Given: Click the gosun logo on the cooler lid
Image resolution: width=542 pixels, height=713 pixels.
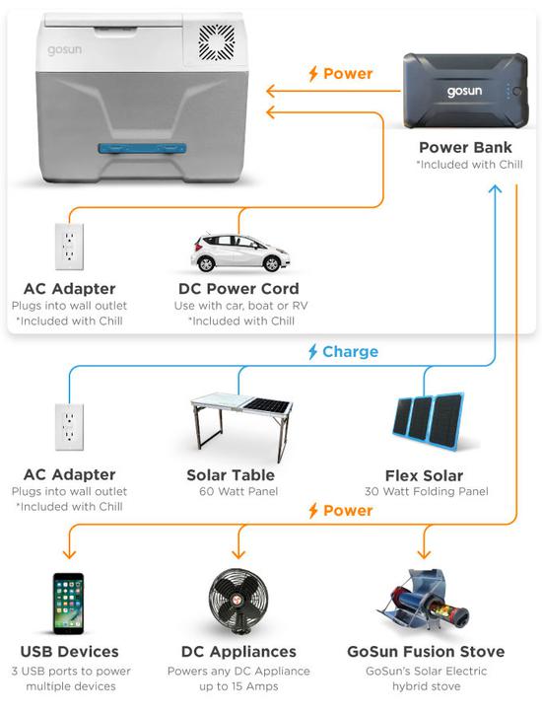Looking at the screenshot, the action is tap(64, 49).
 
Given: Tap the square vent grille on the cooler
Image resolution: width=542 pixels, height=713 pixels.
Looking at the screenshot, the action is tap(217, 42).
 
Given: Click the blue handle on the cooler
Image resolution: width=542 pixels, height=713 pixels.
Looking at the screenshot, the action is tap(142, 149).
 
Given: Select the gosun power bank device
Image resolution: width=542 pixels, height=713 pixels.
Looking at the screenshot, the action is tap(466, 91).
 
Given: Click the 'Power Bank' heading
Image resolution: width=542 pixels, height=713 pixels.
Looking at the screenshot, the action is tap(466, 147).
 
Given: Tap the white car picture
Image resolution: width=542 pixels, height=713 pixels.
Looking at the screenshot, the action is tap(239, 252).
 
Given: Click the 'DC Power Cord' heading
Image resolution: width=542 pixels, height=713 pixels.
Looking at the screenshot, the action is tap(238, 289).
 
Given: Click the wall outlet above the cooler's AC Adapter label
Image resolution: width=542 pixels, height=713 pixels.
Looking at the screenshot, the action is tap(69, 247).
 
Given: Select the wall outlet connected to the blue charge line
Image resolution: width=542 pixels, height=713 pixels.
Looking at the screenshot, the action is tap(69, 427).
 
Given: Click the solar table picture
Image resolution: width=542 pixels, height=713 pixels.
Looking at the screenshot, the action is tap(241, 425).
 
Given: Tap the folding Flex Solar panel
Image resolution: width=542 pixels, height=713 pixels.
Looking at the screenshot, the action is tap(429, 417).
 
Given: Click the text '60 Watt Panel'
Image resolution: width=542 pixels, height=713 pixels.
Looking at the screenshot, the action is tap(238, 491).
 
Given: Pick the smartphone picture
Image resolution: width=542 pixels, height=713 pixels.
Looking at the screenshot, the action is tap(69, 604).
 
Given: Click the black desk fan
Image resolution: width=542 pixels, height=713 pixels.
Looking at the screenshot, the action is tap(238, 601).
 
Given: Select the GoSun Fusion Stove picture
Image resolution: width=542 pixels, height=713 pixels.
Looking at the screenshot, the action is tap(424, 600).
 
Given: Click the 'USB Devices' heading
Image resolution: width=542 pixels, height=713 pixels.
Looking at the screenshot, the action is tap(70, 652).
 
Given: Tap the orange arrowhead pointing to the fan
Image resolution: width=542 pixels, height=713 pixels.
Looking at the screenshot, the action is tap(238, 554).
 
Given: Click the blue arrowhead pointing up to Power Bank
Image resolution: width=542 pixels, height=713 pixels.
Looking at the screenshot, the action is tap(495, 188).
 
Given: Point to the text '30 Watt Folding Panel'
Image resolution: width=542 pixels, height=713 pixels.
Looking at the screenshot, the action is tap(426, 491).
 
